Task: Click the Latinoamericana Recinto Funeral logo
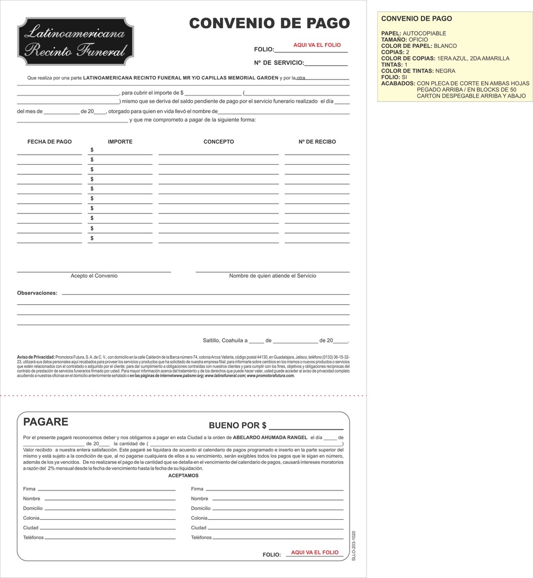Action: pyautogui.click(x=76, y=41)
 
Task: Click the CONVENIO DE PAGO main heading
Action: pyautogui.click(x=269, y=23)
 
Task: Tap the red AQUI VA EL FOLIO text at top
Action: pyautogui.click(x=317, y=45)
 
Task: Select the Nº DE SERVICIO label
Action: pyautogui.click(x=279, y=63)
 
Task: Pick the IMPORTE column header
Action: pyautogui.click(x=120, y=142)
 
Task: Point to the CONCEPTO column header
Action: pyautogui.click(x=219, y=142)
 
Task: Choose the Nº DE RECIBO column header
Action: pyautogui.click(x=317, y=142)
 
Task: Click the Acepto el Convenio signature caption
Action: pyautogui.click(x=94, y=276)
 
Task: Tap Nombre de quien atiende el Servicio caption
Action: pyautogui.click(x=272, y=276)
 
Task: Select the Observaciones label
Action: pyautogui.click(x=37, y=294)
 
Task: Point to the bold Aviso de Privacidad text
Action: pyautogui.click(x=36, y=357)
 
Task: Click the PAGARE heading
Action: pyautogui.click(x=46, y=422)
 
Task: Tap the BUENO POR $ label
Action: pyautogui.click(x=237, y=426)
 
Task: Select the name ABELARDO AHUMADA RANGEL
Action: pyautogui.click(x=270, y=437)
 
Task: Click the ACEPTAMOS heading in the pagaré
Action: pyautogui.click(x=183, y=476)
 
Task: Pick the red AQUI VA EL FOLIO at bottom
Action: pyautogui.click(x=315, y=553)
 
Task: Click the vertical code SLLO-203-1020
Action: pyautogui.click(x=354, y=545)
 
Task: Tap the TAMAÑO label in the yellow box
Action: pyautogui.click(x=394, y=40)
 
